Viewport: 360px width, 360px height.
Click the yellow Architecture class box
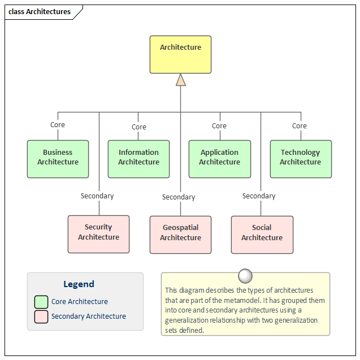pos(180,55)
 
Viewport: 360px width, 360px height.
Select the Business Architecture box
pos(58,159)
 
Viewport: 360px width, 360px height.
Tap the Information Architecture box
pos(138,159)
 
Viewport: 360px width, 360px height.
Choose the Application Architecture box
pos(219,159)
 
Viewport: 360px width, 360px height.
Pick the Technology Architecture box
pos(300,159)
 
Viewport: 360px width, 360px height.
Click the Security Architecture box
pos(98,234)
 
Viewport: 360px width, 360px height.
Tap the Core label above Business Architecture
pos(58,125)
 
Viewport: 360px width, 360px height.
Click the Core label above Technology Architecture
pos(300,126)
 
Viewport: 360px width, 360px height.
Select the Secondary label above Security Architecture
pos(97,196)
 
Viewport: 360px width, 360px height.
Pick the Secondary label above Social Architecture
pos(259,196)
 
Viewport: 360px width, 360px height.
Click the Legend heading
pos(79,284)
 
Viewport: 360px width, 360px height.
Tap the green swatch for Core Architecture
pos(41,302)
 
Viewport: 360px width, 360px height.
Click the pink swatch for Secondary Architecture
pos(41,316)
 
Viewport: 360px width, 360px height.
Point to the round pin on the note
pos(245,276)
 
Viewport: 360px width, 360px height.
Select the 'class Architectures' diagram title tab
pos(40,12)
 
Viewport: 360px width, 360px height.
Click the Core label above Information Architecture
pos(139,127)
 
